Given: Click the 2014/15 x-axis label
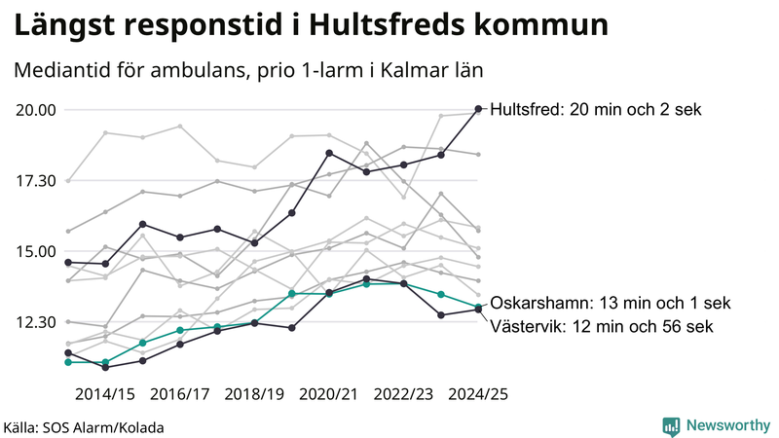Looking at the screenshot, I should point(105,394).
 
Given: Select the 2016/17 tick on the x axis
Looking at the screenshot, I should point(180,394).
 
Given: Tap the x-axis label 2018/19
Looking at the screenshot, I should point(254,394).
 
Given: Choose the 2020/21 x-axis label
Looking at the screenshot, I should point(329,394).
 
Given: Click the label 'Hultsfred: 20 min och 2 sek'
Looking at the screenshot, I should point(595,110).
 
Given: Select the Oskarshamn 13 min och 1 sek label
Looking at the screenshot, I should point(611,303).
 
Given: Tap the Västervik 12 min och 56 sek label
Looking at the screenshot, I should point(602,326).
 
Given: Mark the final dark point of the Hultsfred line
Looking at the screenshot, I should point(478,109).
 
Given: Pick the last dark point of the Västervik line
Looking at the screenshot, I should point(478,310).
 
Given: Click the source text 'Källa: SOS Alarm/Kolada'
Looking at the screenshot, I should point(84,427).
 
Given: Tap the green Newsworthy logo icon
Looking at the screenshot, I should point(671,425).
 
